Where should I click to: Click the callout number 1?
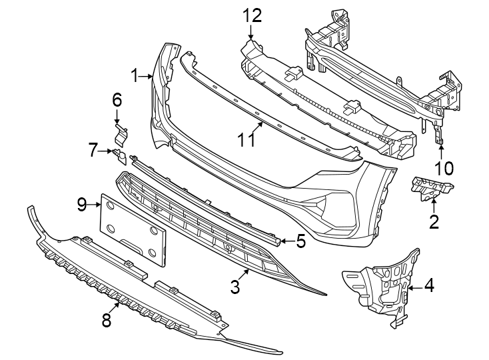tap(135, 76)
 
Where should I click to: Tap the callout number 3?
tap(235, 287)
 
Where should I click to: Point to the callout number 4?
tap(429, 287)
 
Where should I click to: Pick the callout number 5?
tap(300, 241)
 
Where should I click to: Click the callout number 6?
tap(117, 100)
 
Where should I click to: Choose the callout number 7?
tap(93, 150)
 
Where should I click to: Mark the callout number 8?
tap(107, 321)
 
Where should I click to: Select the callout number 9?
tap(82, 205)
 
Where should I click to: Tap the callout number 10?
tap(443, 167)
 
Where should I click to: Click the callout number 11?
tap(246, 140)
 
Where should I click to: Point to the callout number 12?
tap(252, 15)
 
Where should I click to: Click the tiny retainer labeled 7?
tap(121, 157)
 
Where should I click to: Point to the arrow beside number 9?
tap(95, 205)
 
